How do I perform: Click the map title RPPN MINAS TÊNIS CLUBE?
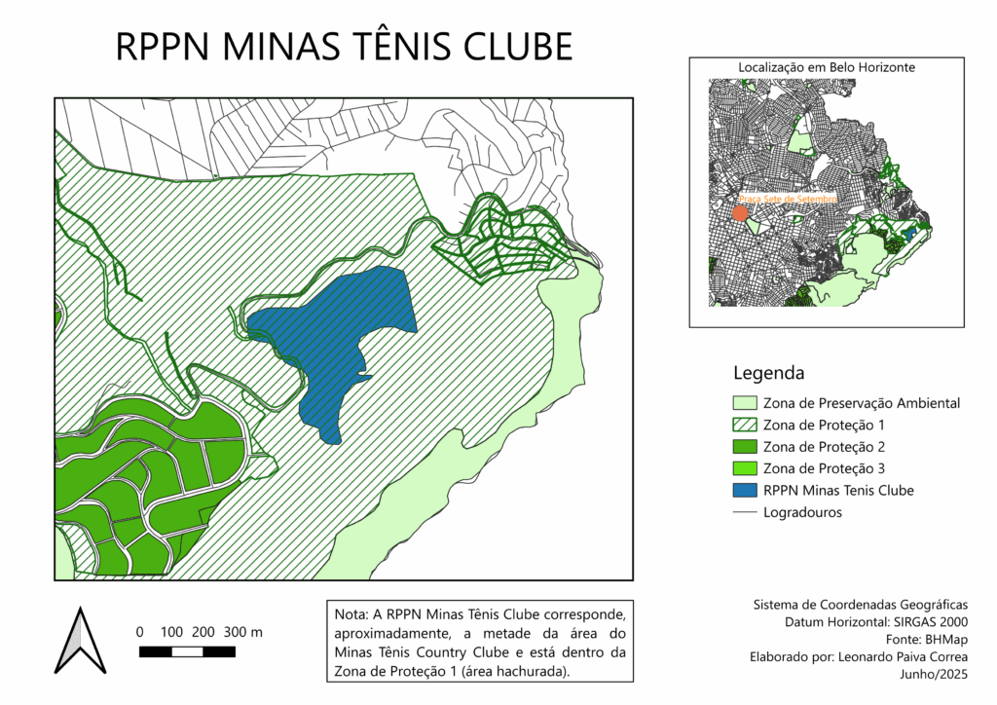point(344,47)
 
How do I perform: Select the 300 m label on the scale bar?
point(243,632)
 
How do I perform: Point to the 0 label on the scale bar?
point(139,632)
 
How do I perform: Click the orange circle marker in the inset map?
point(741,212)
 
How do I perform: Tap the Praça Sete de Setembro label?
point(789,199)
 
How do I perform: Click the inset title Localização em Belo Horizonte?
point(827,67)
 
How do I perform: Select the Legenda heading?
point(768,373)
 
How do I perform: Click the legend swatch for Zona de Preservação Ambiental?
point(744,403)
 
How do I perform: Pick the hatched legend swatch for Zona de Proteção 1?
point(744,426)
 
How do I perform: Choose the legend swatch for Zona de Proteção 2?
point(744,447)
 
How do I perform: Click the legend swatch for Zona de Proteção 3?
point(744,468)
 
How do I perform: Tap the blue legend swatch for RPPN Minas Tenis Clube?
point(744,491)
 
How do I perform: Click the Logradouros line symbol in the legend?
point(744,512)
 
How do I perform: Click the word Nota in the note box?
point(350,616)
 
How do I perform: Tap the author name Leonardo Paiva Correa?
point(902,657)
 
